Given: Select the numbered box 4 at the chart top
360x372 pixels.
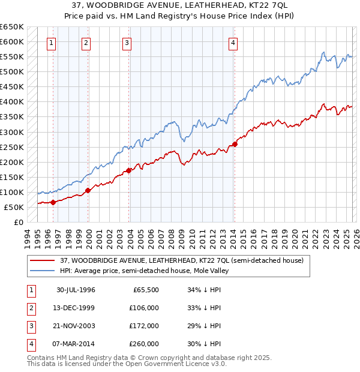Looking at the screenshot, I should pos(232,43).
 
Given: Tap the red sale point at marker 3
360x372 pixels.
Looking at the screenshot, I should pos(128,170).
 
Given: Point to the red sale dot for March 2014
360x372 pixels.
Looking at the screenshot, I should pos(235,144).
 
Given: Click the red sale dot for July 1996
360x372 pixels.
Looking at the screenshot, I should pos(53,202).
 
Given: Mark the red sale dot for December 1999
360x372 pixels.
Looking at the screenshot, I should pos(88,190).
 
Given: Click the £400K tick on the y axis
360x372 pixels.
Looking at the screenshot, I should pos(12,102).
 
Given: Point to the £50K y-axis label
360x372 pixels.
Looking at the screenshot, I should pos(14,207).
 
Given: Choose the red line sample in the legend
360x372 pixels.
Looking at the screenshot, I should pos(43,260).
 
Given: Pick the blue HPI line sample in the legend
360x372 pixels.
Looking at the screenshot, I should pos(43,271).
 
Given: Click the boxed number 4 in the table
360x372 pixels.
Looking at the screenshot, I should pos(31,344).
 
